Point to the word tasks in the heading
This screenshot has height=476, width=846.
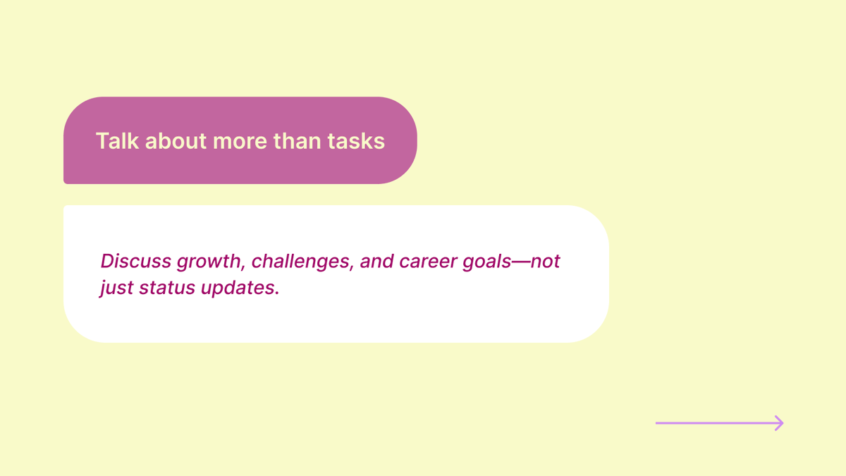(x=356, y=141)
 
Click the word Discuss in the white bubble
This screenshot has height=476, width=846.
(x=136, y=261)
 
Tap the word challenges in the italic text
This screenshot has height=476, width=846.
(x=300, y=261)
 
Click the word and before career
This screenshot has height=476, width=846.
(x=376, y=261)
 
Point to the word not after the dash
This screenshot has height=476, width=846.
(x=545, y=262)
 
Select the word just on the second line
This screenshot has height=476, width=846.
(x=116, y=289)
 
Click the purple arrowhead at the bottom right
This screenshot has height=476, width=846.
(x=778, y=423)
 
